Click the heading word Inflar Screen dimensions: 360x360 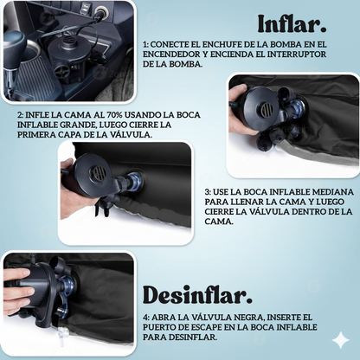tap(292, 23)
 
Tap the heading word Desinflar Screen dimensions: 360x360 tap(197, 295)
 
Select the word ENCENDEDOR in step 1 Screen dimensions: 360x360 tap(171, 55)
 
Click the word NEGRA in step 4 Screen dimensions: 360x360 tap(248, 318)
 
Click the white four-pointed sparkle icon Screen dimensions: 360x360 tap(341, 340)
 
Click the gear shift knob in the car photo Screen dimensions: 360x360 tap(14, 42)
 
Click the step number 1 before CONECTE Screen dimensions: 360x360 tap(145, 44)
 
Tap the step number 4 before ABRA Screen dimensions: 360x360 tap(146, 318)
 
